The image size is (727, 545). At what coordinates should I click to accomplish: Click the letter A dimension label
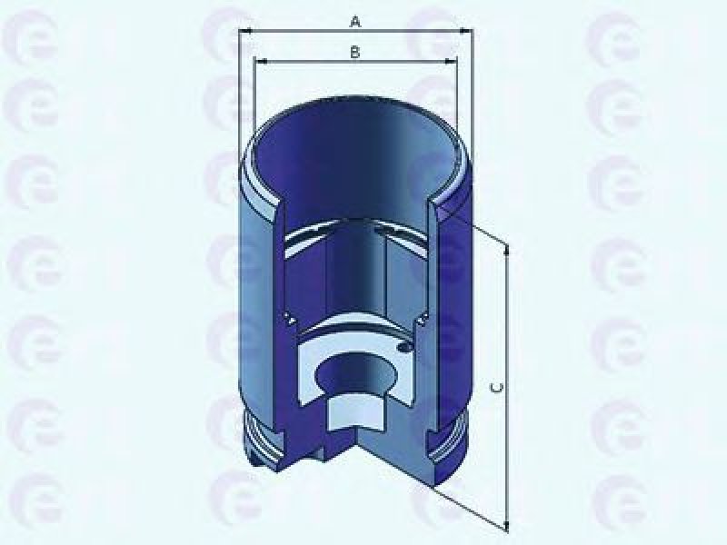point(355,21)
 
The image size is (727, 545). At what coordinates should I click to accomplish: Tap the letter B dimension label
point(354,52)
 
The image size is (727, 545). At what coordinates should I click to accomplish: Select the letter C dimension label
point(496,388)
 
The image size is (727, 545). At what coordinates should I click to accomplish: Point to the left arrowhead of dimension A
point(244,31)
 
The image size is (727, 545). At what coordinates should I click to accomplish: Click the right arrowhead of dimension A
point(465,31)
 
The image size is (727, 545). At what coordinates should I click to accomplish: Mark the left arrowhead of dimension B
point(261,61)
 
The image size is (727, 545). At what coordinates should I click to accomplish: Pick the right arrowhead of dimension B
point(450,61)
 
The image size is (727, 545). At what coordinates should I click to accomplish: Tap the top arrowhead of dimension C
point(507,251)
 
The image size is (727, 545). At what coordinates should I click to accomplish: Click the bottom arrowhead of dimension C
point(507,525)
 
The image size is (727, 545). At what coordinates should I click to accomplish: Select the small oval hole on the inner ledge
point(404,347)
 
